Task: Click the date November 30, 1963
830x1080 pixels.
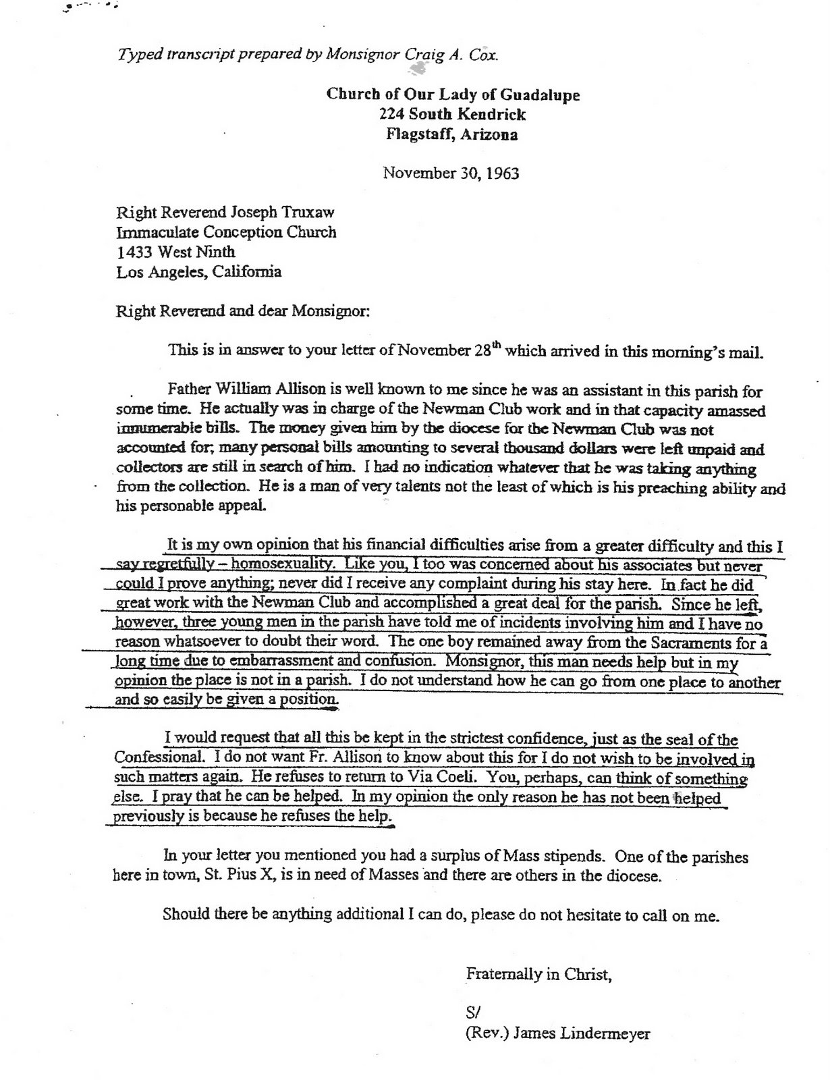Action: pyautogui.click(x=451, y=173)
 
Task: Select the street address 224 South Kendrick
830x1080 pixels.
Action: pyautogui.click(x=452, y=114)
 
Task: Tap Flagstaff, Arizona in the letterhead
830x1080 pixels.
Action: pyautogui.click(x=452, y=134)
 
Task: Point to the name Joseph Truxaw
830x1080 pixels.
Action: pyautogui.click(x=292, y=213)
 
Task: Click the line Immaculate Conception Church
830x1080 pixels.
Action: pyautogui.click(x=226, y=233)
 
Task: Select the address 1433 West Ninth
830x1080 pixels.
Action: pyautogui.click(x=176, y=252)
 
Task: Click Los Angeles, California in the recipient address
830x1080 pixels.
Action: pyautogui.click(x=199, y=272)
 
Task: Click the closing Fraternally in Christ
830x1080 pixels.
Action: pyautogui.click(x=538, y=974)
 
